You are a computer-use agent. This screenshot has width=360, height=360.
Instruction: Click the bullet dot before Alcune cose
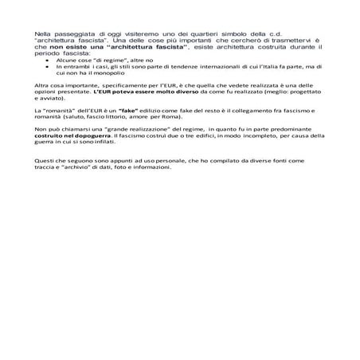(49, 60)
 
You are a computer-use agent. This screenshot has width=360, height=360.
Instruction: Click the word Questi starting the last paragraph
(45, 161)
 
